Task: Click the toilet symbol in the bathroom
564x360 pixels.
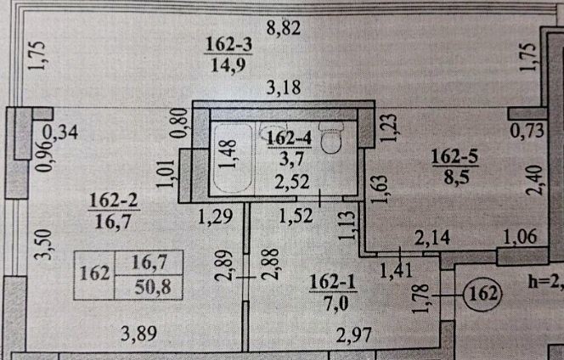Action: (x=335, y=139)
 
